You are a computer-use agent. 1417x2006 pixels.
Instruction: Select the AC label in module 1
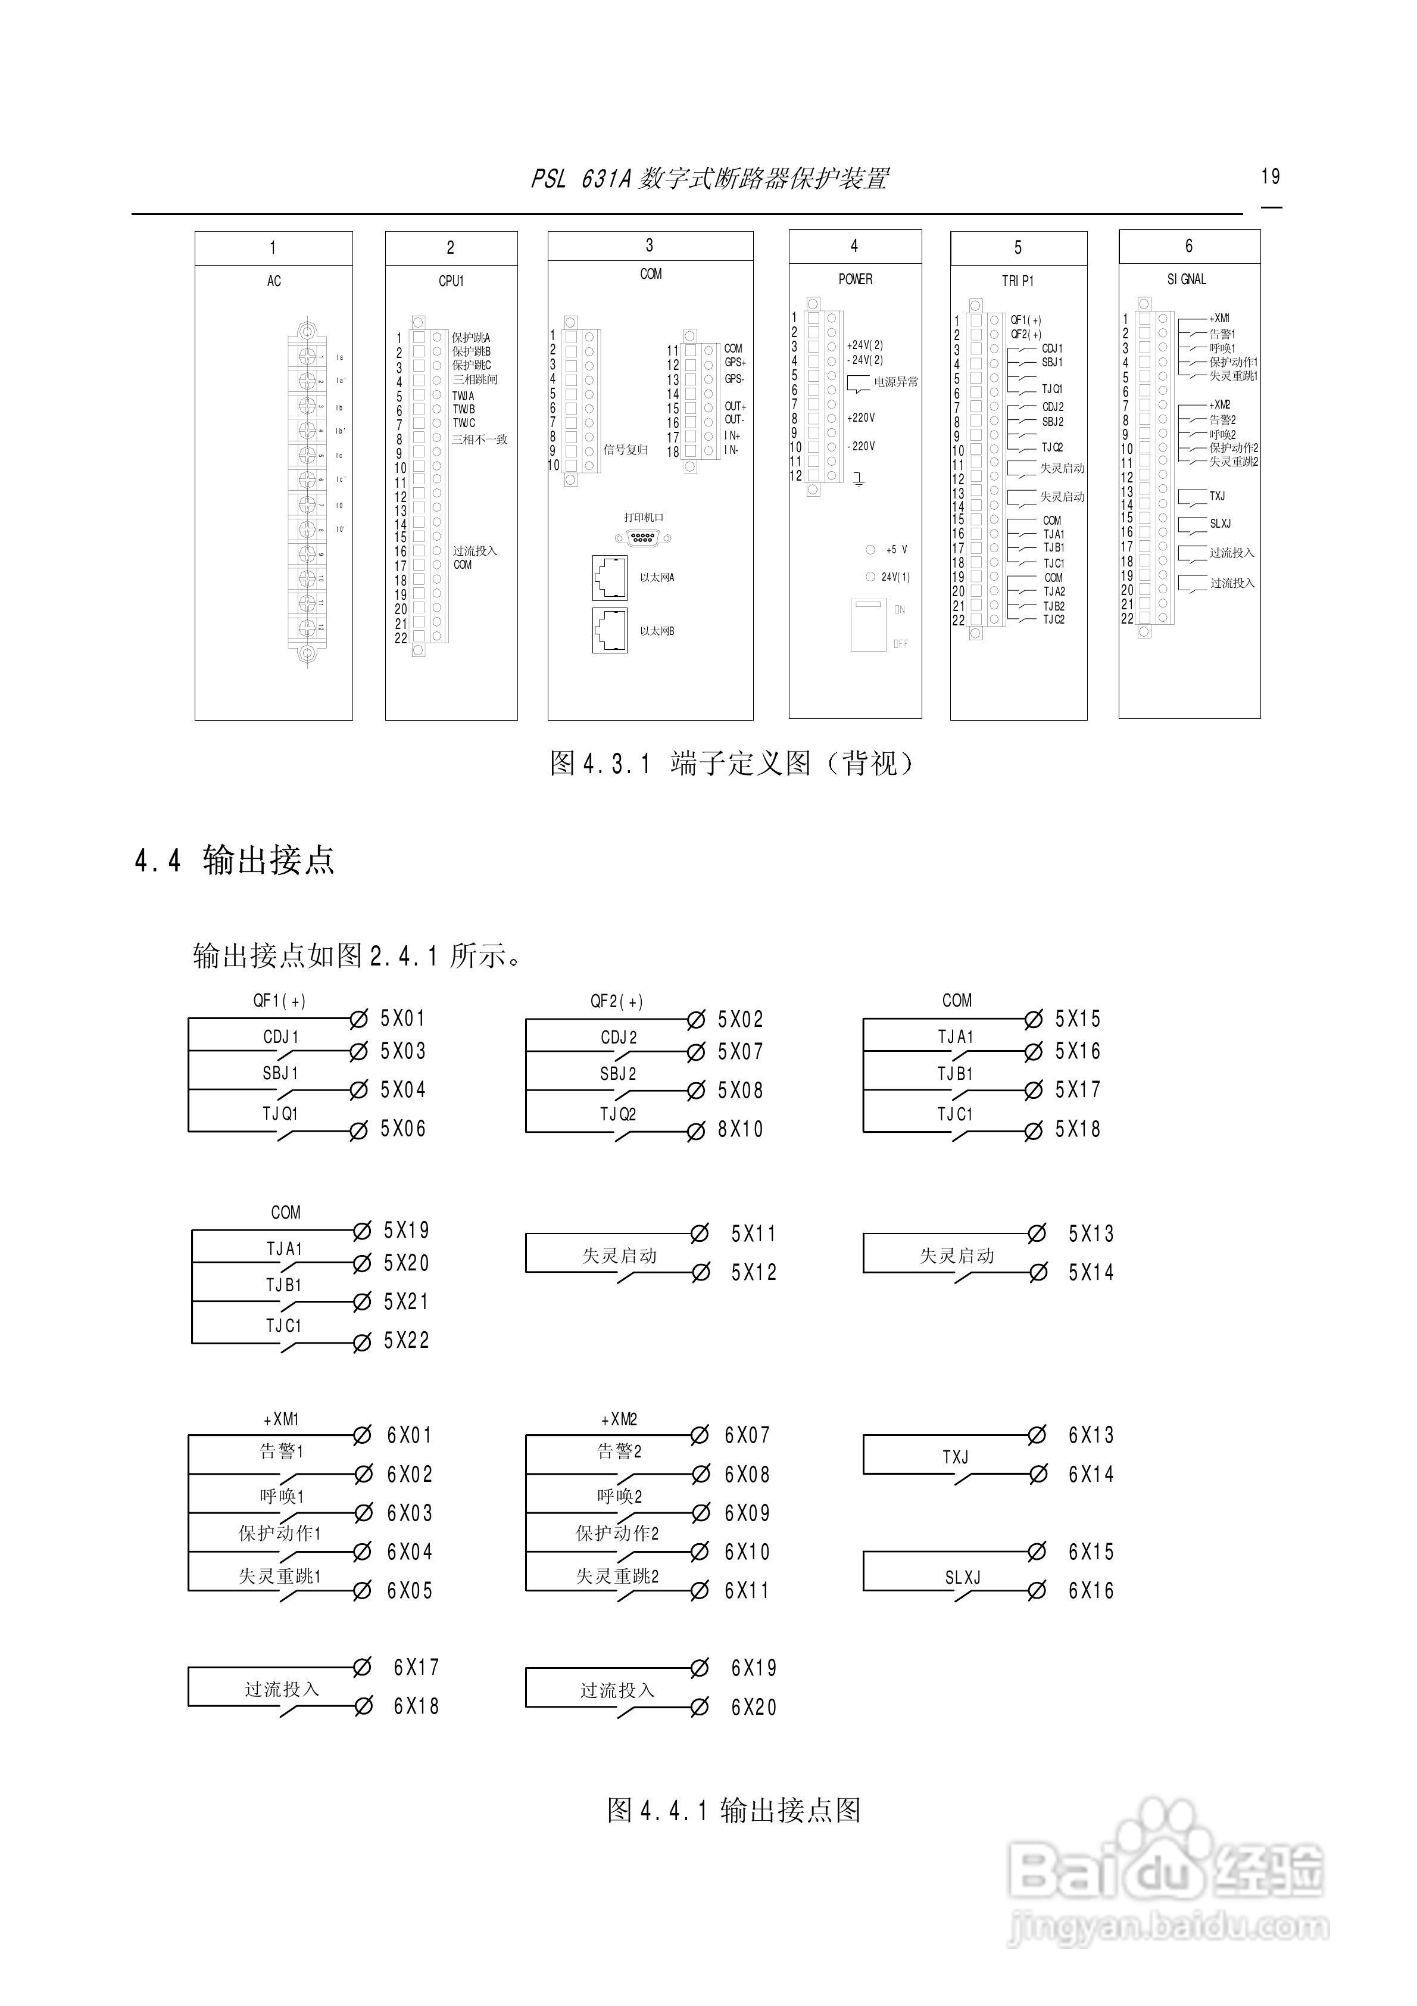point(273,281)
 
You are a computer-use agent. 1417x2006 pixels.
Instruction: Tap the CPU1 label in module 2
point(451,281)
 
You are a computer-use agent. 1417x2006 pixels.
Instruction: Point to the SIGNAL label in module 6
point(1187,279)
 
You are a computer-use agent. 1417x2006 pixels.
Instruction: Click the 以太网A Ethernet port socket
point(610,578)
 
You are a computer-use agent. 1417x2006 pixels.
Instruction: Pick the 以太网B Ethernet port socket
point(610,630)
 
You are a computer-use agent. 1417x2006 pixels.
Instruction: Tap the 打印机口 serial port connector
point(644,538)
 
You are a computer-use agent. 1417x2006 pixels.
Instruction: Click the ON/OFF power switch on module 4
point(869,625)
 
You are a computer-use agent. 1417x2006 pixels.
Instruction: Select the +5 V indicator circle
point(870,550)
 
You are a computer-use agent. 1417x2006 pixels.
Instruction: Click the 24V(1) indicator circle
point(870,577)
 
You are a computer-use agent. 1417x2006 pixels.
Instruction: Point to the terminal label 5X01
point(402,1018)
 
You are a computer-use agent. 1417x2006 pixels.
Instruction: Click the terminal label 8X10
point(740,1130)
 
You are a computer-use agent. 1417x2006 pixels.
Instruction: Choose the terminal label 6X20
point(753,1707)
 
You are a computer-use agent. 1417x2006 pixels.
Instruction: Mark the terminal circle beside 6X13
point(1037,1435)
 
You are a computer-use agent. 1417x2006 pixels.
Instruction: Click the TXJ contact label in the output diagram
point(955,1457)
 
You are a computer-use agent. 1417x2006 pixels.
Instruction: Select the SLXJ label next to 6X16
point(963,1577)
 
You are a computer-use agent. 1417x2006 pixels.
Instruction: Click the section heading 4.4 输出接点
point(234,861)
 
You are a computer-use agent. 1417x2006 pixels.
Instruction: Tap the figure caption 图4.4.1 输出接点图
point(734,1809)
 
